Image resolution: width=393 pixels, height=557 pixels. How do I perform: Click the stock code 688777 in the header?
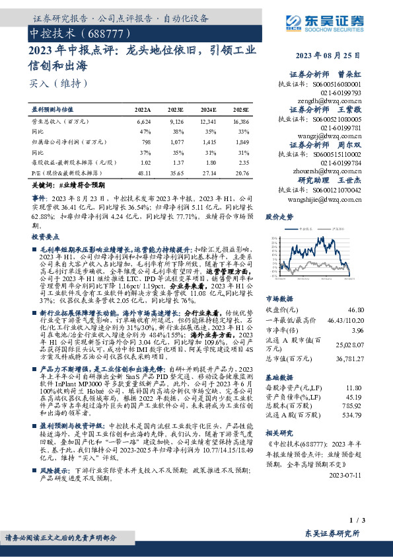tap(100, 32)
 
